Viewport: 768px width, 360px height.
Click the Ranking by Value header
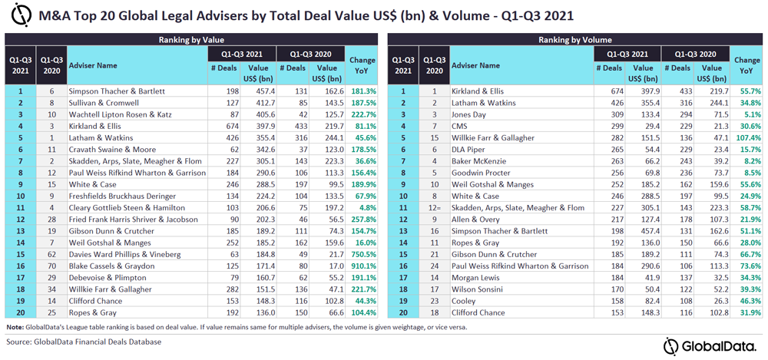click(191, 39)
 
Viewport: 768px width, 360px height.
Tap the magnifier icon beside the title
click(23, 15)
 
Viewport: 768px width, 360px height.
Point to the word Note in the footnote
click(14, 326)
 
